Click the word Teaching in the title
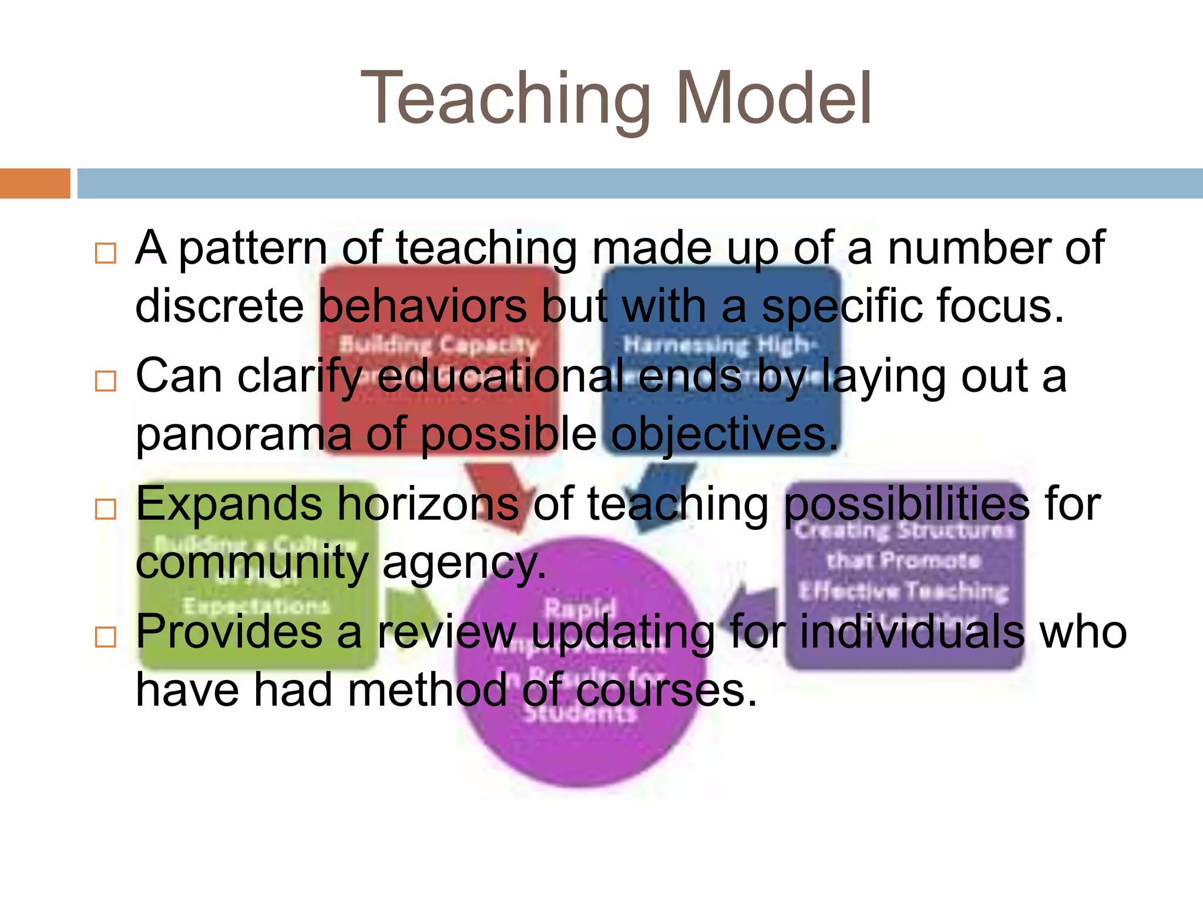point(505,99)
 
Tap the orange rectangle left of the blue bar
point(35,183)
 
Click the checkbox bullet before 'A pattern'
point(106,253)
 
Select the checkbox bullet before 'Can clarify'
point(106,381)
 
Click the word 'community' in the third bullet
point(251,563)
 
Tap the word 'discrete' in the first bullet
point(219,307)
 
